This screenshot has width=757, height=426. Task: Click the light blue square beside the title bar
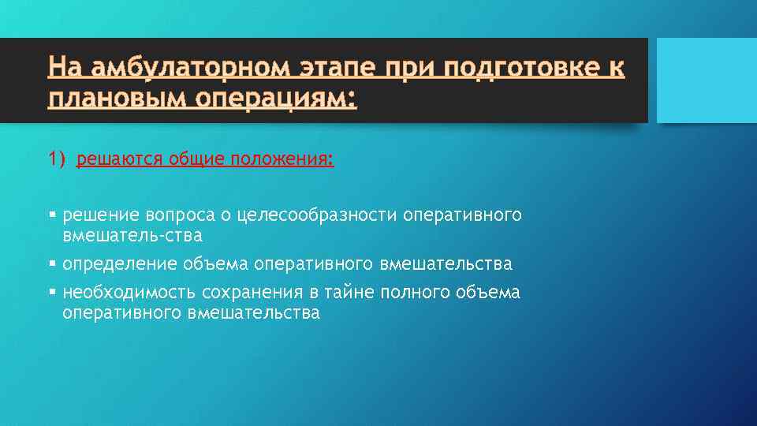pos(707,80)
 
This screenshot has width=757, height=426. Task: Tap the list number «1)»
pos(57,160)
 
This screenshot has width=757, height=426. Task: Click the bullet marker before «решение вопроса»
pos(51,215)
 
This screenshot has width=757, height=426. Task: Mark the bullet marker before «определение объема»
pos(51,263)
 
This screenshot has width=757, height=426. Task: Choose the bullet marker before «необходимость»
pos(51,293)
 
